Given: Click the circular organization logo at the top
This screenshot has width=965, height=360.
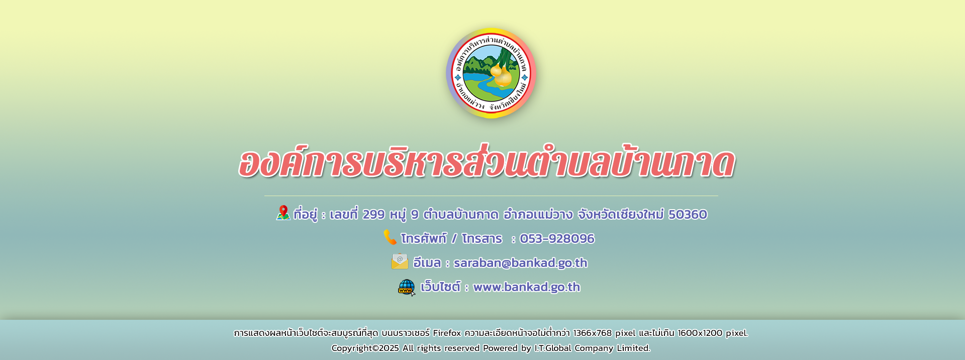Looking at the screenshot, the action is click(x=491, y=73).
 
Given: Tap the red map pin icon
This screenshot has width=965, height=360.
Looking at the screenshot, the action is click(x=283, y=213).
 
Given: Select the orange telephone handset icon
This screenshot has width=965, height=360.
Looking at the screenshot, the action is click(x=390, y=237).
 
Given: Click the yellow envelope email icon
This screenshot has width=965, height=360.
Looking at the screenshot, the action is click(x=400, y=261).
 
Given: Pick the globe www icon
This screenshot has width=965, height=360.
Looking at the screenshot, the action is click(x=407, y=288).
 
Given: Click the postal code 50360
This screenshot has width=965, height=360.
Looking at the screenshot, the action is click(x=688, y=215).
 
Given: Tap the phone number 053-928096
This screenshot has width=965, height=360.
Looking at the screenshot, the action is click(x=557, y=239).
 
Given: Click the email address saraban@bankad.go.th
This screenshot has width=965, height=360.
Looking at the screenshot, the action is click(x=520, y=263).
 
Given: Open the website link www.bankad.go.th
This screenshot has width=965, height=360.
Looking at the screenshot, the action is click(x=527, y=287).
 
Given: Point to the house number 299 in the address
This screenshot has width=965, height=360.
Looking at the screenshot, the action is click(x=373, y=215).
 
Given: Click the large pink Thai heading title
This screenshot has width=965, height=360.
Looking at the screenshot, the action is click(x=486, y=162).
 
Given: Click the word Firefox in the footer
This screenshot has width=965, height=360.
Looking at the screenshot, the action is click(x=447, y=333).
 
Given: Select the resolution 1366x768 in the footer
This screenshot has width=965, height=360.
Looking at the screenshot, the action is click(x=593, y=333).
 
